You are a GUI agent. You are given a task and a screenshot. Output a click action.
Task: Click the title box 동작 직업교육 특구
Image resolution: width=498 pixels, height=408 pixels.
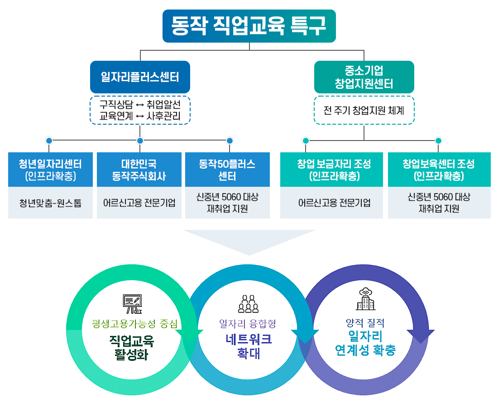coord(249,26)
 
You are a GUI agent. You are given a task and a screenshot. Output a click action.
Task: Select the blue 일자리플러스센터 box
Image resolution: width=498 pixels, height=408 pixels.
coord(140,77)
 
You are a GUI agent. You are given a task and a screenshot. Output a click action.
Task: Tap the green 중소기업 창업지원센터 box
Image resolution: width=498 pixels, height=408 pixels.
coord(364,77)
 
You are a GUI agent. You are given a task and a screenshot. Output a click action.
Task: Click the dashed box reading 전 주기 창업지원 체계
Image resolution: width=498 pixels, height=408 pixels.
coord(364,110)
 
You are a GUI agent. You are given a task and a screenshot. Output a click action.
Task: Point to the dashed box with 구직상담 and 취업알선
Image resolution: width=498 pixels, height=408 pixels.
coord(140,110)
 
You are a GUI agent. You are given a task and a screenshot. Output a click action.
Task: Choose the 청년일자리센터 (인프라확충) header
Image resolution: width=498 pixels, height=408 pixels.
coord(50,170)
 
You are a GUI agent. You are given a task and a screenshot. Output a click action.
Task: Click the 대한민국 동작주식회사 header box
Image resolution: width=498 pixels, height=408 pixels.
coord(139,170)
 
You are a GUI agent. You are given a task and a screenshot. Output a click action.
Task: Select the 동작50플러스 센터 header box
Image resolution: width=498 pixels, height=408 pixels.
coord(227,170)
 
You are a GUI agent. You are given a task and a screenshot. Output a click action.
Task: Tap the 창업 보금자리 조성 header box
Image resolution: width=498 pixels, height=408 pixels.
coord(331,170)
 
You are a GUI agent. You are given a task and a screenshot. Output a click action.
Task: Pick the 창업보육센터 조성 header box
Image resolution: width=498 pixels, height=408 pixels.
coord(439,170)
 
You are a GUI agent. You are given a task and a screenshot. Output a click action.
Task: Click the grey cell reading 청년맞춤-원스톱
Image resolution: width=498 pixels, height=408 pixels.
coord(50,203)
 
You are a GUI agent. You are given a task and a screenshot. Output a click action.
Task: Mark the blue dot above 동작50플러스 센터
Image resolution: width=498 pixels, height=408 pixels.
coord(230,141)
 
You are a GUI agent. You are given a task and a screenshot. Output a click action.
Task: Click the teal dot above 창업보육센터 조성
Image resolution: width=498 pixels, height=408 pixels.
coord(438,141)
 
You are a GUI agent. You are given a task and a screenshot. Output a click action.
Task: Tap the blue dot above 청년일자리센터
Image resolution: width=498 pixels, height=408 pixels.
coord(49,141)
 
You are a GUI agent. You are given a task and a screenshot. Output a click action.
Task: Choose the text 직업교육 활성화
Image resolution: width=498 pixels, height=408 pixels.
coord(132,346)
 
